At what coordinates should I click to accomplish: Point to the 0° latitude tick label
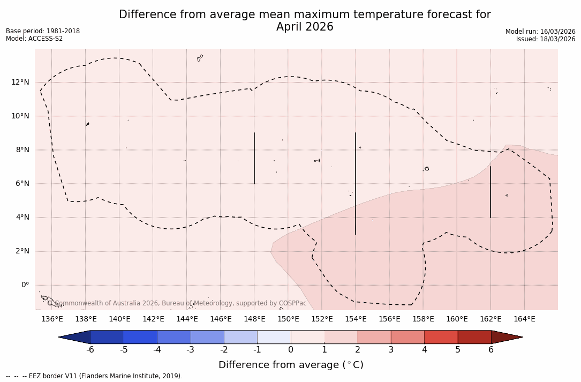tap(25, 285)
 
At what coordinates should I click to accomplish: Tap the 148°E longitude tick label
tap(254, 319)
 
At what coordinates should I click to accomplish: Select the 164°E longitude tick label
tap(524, 319)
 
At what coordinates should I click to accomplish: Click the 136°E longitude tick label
tap(52, 319)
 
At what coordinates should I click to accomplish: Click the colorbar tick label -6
tap(90, 350)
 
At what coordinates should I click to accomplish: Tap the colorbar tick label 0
tap(291, 350)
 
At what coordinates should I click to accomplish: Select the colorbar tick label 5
tap(458, 350)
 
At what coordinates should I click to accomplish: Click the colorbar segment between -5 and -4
tap(140, 337)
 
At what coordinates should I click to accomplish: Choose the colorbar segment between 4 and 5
tap(441, 337)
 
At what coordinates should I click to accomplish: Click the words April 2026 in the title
tap(305, 27)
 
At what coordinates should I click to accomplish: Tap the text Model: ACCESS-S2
tap(34, 39)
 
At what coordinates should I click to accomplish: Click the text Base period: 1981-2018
tap(43, 31)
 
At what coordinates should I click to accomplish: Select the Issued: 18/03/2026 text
tap(546, 39)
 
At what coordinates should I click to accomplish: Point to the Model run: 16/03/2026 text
tap(540, 32)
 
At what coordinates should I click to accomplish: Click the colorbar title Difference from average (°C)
tap(291, 365)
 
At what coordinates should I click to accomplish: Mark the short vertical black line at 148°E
tap(254, 158)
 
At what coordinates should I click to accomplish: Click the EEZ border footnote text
tap(94, 376)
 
